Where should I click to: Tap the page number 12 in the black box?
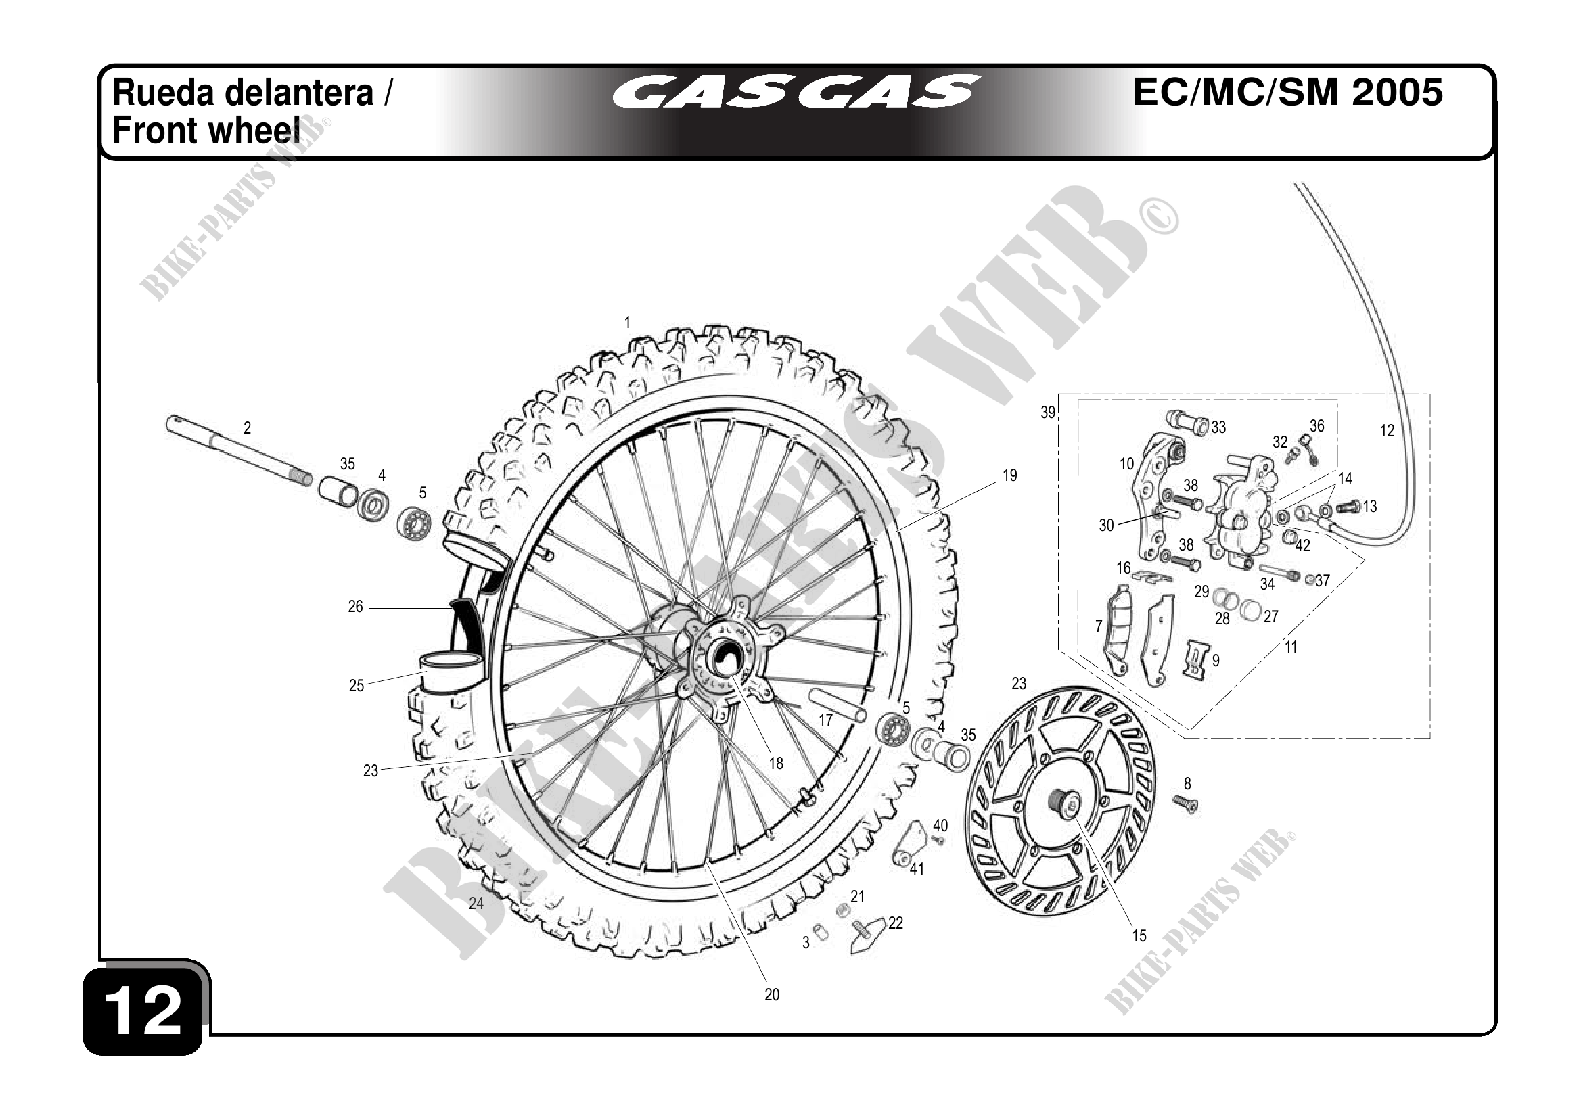143,1010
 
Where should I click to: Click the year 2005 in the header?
1397,93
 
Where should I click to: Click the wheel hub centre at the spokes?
722,657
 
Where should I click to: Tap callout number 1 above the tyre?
627,322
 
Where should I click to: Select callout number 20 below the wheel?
772,995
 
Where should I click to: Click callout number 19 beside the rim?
1009,475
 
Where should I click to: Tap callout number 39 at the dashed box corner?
1048,413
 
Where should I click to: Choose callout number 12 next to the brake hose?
1387,431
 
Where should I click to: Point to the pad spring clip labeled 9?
1197,659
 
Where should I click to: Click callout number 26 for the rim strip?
355,607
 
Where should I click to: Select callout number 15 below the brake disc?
1139,936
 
